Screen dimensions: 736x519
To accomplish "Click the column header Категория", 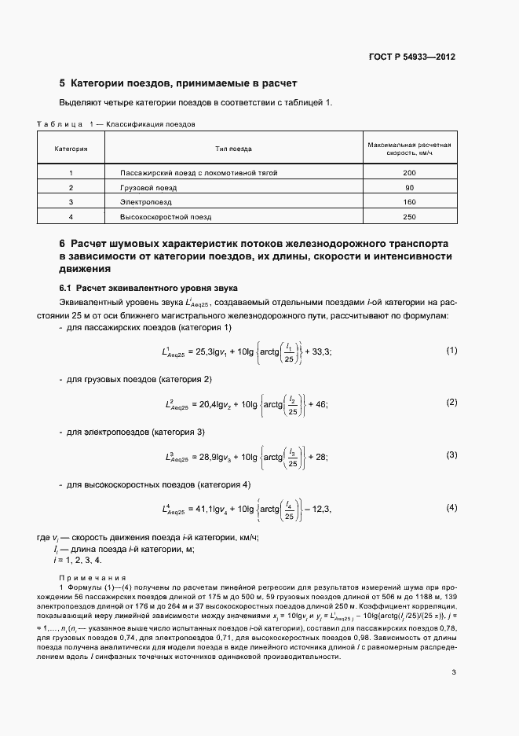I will (71, 148).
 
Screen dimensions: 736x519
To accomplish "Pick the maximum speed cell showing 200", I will (408, 172).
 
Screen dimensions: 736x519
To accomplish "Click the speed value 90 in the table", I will (408, 187).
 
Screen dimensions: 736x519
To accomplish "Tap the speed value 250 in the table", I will (408, 216).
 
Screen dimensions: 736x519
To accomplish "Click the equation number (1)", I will (451, 328).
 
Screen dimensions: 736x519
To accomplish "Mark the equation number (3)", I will (451, 454).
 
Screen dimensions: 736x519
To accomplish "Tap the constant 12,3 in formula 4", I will (321, 510).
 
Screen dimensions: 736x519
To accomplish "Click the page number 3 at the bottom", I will (454, 672).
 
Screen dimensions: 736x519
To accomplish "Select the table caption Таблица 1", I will (65, 124).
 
